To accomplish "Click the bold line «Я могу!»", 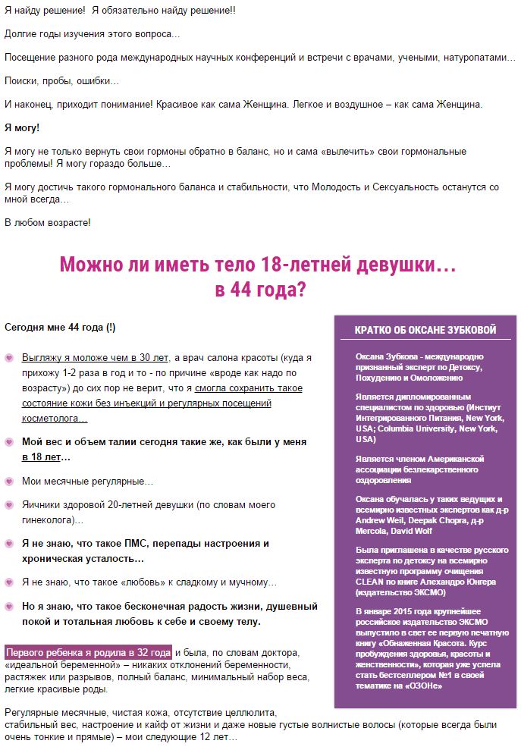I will [x=22, y=127].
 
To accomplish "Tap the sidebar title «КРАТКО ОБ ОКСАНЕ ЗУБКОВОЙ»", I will [x=425, y=330].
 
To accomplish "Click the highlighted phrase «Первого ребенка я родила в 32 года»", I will [x=88, y=652].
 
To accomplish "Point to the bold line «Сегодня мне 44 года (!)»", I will [x=60, y=328].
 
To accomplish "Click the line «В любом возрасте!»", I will [x=48, y=222].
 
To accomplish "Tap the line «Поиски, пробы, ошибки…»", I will [x=62, y=80].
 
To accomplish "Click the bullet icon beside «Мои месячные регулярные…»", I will [x=9, y=482].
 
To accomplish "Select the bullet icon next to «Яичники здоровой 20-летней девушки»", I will [x=9, y=505].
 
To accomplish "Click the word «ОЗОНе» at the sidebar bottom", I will [x=423, y=686].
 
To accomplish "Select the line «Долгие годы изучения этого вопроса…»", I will [x=93, y=34].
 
